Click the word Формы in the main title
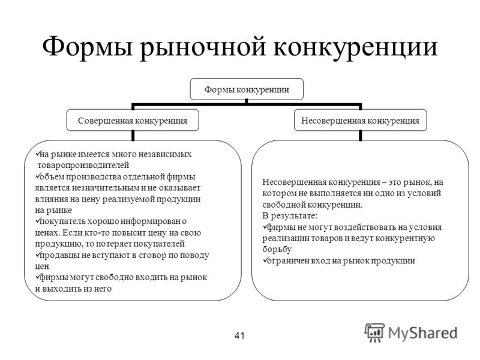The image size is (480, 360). pos(87,47)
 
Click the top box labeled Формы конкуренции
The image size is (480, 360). pos(247,89)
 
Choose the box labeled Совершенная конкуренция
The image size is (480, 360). pos(133,120)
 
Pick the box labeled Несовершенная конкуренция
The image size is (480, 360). pos(361,120)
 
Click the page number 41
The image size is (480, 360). pos(239,335)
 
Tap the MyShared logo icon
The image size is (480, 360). pos(374,333)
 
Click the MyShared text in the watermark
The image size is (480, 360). pos(423,333)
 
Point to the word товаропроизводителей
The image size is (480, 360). pos(83,166)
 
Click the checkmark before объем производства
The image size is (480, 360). pos(38,176)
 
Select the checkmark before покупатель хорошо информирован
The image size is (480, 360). pos(38,220)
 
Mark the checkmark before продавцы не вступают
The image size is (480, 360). pos(38,254)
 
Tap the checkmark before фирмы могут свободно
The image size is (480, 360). pos(38,277)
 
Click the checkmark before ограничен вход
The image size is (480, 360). pos(265,260)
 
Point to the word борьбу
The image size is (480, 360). pos(277,250)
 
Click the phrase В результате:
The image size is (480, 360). pos(290,216)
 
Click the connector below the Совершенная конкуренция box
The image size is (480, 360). pos(133,136)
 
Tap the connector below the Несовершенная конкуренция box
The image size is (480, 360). pos(361,136)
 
